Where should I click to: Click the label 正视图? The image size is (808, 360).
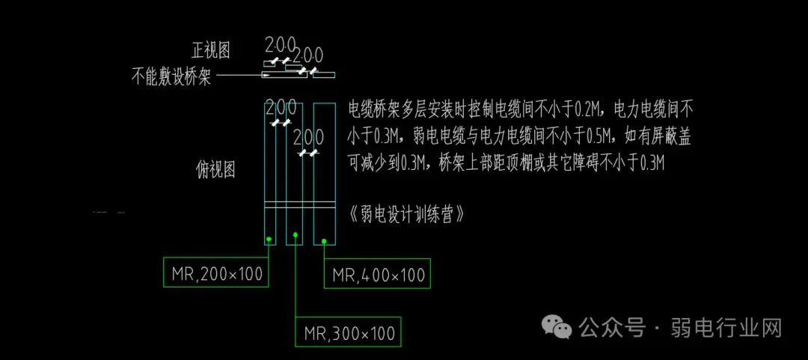click(211, 51)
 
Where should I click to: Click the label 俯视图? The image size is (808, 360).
click(215, 170)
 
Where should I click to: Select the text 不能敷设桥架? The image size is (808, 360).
click(171, 76)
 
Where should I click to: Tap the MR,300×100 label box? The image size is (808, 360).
click(349, 333)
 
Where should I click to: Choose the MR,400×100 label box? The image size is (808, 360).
click(379, 275)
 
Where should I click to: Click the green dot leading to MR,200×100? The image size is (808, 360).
click(268, 240)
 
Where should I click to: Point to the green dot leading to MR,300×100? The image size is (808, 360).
click(296, 235)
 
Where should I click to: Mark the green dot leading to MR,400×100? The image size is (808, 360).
click(324, 241)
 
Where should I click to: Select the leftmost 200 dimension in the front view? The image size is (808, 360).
click(281, 44)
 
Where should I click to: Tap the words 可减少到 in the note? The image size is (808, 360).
click(374, 162)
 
